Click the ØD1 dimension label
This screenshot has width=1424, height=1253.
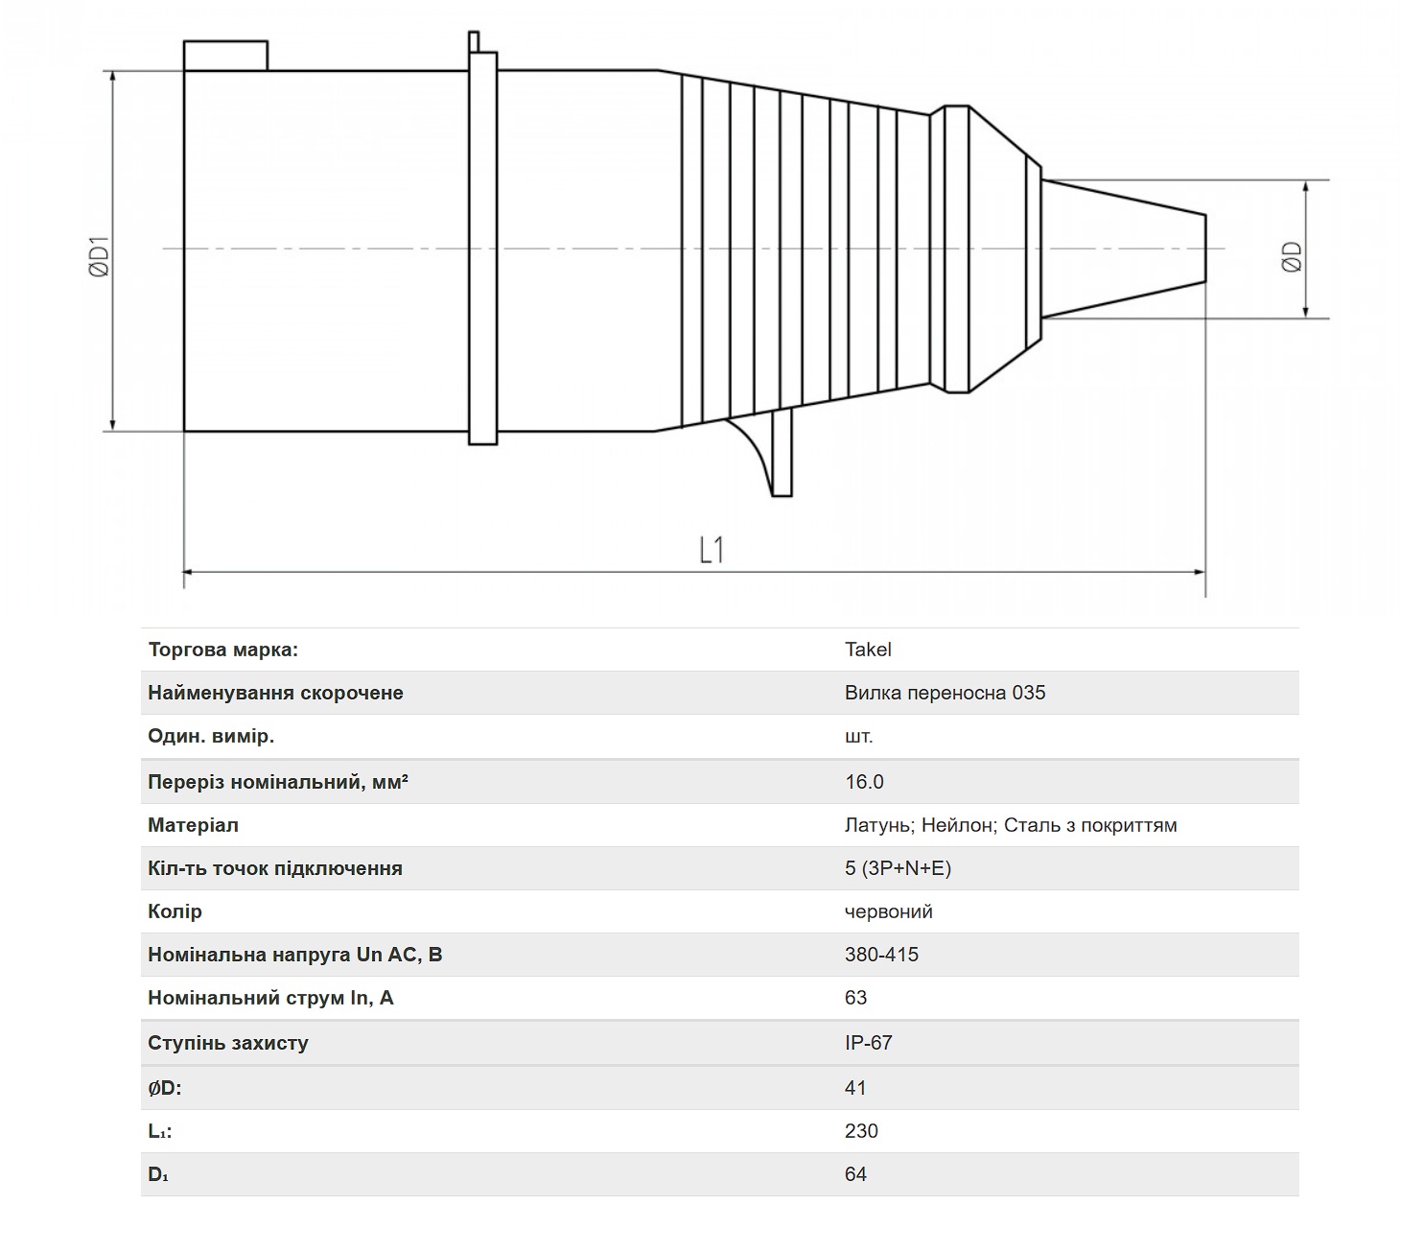pos(100,256)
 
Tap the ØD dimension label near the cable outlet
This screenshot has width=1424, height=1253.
pos(1291,257)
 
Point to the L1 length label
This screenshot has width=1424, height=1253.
pos(712,550)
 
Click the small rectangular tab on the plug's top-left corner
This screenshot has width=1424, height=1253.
pos(225,56)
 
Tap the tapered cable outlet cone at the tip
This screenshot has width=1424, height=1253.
pos(1123,248)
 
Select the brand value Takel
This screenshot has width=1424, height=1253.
pos(867,649)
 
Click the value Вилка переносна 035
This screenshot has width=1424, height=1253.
pos(945,693)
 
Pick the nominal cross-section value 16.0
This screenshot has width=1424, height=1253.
pos(864,781)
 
